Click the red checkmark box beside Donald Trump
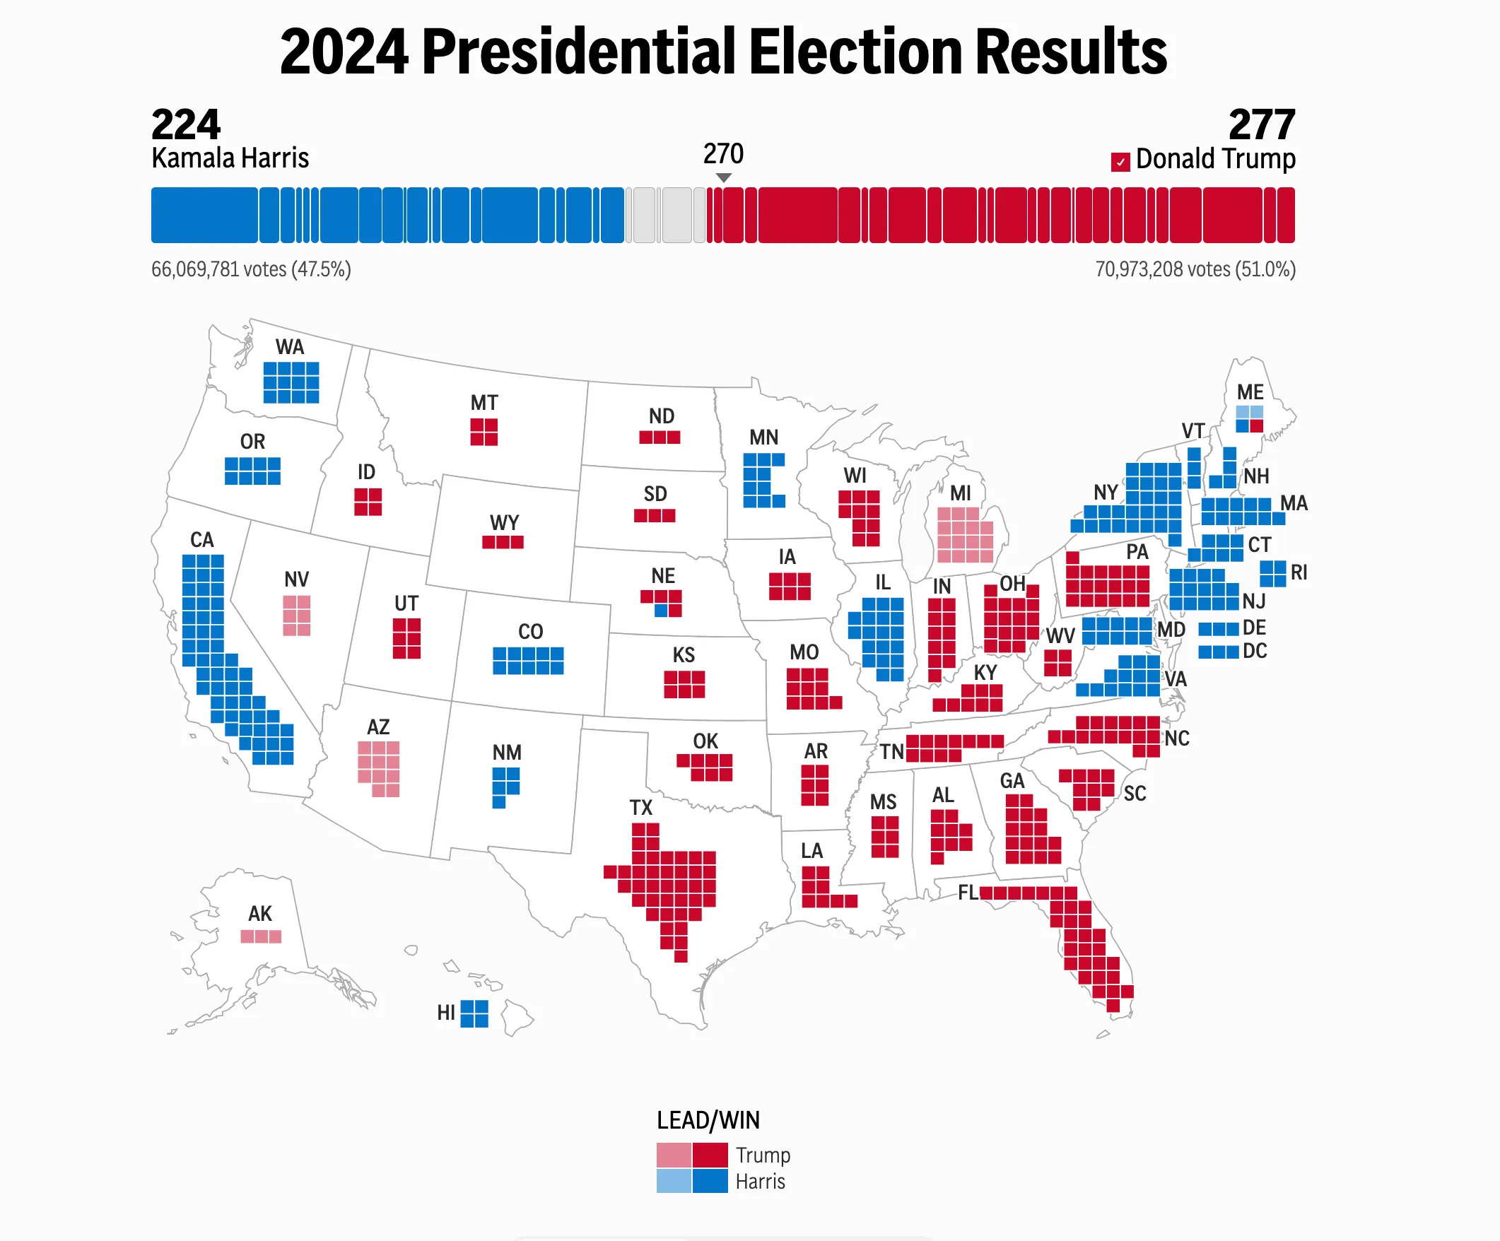click(1120, 162)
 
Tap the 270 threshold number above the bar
click(723, 153)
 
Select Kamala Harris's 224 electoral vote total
click(186, 125)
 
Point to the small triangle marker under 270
click(724, 177)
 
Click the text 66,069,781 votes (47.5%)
click(251, 269)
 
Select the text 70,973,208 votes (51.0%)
click(1195, 269)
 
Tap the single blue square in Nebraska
click(662, 611)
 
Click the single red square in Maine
click(1256, 426)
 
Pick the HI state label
click(446, 1013)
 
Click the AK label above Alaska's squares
click(260, 913)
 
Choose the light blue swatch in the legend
click(674, 1181)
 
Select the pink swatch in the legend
click(674, 1155)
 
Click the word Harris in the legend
click(760, 1182)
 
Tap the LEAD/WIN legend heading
click(708, 1120)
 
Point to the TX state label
click(640, 808)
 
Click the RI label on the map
click(1299, 572)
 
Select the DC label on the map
click(1255, 651)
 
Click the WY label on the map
click(504, 523)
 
